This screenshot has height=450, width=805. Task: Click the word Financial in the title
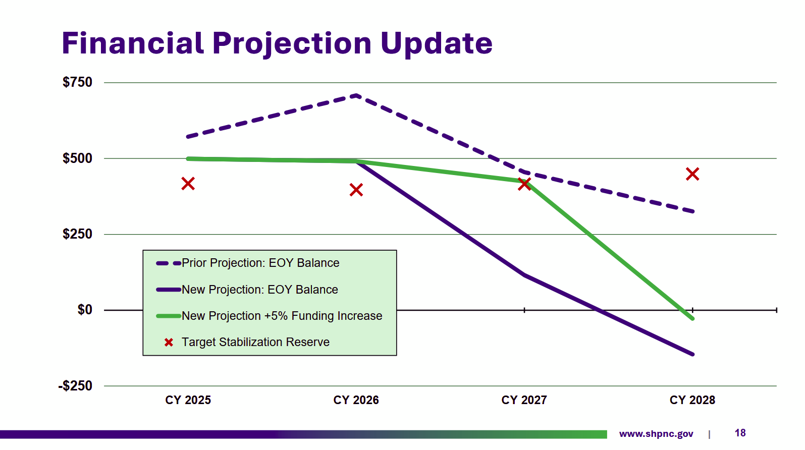(133, 43)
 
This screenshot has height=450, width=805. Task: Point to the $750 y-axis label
(77, 82)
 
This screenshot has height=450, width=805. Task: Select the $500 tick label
(77, 158)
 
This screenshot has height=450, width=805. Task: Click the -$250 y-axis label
(75, 386)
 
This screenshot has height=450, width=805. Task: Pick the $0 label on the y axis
(85, 310)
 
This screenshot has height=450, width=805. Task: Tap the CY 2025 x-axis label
(188, 400)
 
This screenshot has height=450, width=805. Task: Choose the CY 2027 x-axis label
(524, 400)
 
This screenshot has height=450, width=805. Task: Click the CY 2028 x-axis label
(692, 400)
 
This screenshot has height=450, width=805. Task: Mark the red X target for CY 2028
(692, 174)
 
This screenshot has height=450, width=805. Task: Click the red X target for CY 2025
(188, 184)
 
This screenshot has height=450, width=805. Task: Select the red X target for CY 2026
(356, 190)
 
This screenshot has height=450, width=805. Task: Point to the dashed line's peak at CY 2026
(356, 95)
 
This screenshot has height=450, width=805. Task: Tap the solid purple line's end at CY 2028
(692, 354)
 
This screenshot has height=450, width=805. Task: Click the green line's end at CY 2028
(692, 318)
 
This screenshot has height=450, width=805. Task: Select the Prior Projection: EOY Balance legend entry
(260, 263)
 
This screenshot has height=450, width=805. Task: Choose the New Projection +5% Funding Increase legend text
(282, 316)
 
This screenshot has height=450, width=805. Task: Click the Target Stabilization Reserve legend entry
(255, 342)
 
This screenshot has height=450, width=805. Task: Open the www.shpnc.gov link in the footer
(656, 434)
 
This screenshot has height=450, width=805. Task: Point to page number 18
(740, 433)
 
